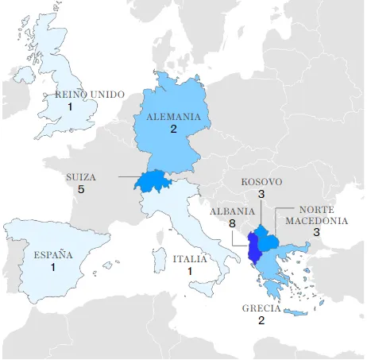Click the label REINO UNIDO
pos(90,95)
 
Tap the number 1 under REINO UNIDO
pos(70,106)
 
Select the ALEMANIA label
pos(173,116)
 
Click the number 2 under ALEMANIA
pos(173,129)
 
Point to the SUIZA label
pos(82,178)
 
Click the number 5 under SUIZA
pos(81,191)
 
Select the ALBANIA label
pos(232,212)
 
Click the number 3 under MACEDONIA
pos(315,233)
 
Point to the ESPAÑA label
pos(53,255)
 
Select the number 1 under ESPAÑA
pos(53,268)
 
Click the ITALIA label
pos(191,259)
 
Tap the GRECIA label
pos(261,308)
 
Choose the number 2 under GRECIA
pos(261,321)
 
